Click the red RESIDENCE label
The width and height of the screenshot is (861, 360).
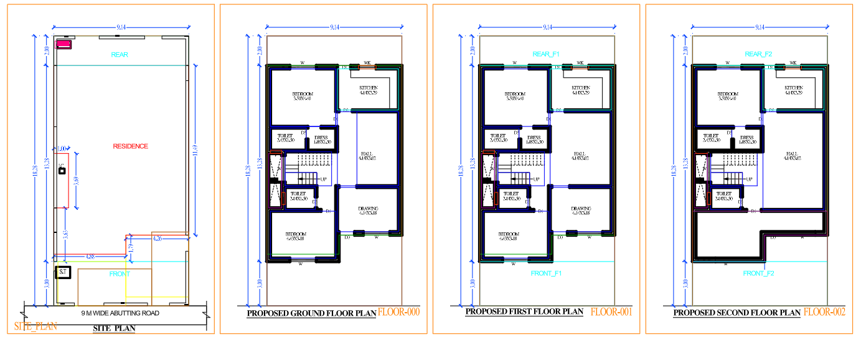click(130, 146)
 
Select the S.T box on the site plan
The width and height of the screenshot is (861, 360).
click(63, 272)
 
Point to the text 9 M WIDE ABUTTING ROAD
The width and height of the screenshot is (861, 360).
click(120, 313)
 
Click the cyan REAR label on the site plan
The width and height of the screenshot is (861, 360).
click(120, 55)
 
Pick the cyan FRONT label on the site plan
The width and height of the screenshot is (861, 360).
click(120, 274)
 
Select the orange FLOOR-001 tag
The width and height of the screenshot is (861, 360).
click(611, 311)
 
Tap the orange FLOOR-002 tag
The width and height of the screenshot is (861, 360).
click(824, 312)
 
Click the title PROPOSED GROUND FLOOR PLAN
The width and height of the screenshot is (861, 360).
click(311, 314)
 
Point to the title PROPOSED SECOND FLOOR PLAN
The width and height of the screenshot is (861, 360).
click(737, 313)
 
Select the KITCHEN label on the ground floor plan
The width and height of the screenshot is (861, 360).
click(369, 88)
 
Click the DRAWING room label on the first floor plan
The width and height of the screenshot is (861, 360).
click(581, 209)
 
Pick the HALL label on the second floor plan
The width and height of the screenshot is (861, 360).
click(792, 153)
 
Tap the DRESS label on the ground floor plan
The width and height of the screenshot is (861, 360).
click(321, 138)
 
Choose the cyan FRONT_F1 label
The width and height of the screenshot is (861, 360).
click(546, 273)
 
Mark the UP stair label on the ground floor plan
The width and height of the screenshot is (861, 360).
click(323, 179)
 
